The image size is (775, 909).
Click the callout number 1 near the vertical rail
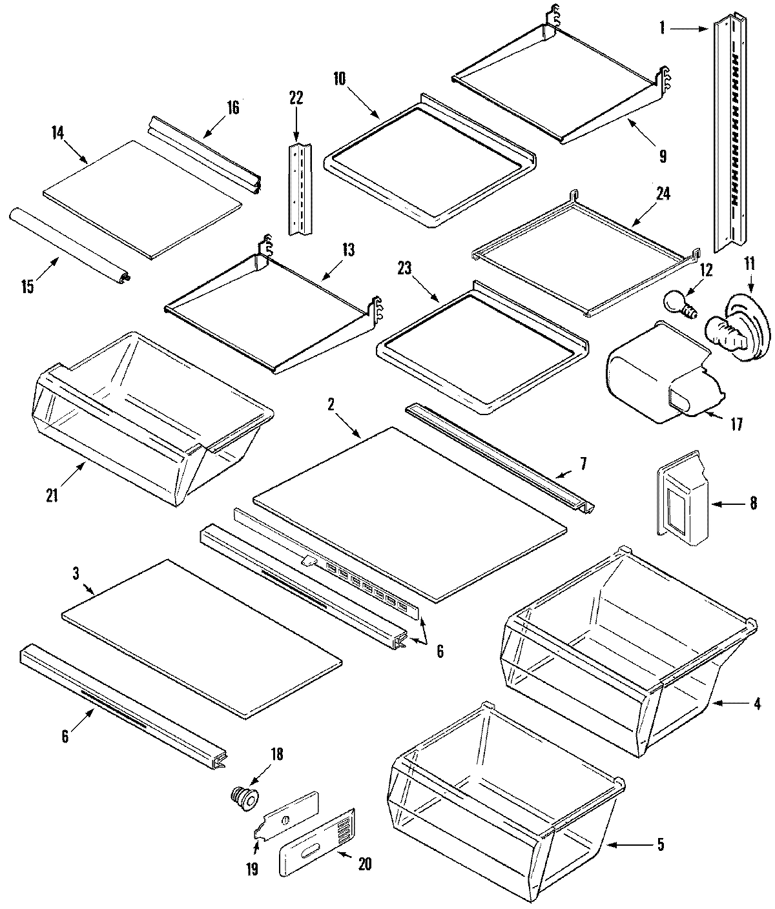click(662, 28)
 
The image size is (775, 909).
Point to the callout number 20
click(364, 864)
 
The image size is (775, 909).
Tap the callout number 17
click(736, 424)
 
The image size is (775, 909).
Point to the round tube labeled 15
click(68, 246)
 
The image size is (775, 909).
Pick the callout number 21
click(52, 496)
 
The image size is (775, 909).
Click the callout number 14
click(57, 133)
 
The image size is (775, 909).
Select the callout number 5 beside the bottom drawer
click(660, 843)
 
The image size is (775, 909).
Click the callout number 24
click(663, 192)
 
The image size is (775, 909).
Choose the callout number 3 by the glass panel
click(76, 573)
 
